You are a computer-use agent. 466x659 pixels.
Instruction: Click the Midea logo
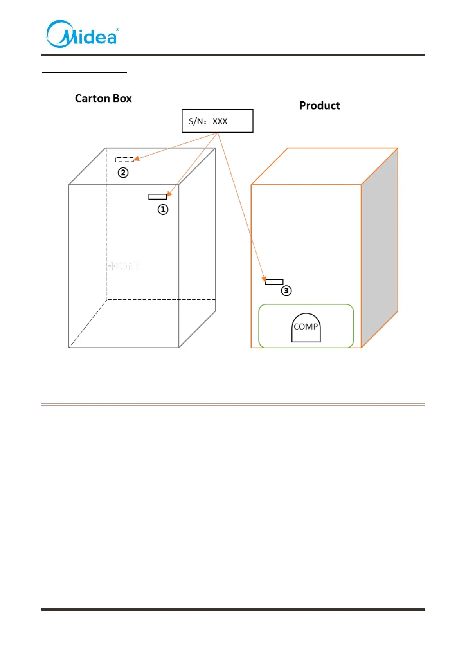click(82, 34)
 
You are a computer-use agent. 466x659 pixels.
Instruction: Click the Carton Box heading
click(103, 98)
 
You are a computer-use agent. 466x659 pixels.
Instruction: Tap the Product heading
click(320, 106)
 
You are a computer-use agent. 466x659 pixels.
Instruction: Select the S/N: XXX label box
click(217, 121)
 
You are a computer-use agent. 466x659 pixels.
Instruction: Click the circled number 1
click(163, 210)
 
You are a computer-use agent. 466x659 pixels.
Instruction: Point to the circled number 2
click(123, 173)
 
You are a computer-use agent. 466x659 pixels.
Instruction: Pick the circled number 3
click(286, 291)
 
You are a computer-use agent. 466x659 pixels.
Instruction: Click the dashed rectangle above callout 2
click(124, 160)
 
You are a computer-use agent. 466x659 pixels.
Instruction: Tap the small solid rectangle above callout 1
click(157, 196)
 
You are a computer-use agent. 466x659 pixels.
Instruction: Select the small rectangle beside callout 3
click(274, 282)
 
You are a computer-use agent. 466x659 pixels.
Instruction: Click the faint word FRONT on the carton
click(124, 266)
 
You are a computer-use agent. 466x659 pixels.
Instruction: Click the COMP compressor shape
click(306, 328)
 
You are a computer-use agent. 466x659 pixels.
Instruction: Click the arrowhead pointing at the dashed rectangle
click(137, 159)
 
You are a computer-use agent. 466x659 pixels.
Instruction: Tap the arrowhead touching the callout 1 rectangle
click(169, 194)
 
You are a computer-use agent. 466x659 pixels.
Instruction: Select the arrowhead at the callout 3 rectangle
click(264, 279)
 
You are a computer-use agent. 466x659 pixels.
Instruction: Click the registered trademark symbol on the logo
click(117, 30)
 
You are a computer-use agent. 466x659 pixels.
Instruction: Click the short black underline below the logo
click(85, 72)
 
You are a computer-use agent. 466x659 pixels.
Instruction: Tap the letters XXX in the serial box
click(220, 121)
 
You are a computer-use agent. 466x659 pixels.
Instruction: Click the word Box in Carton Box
click(122, 98)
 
